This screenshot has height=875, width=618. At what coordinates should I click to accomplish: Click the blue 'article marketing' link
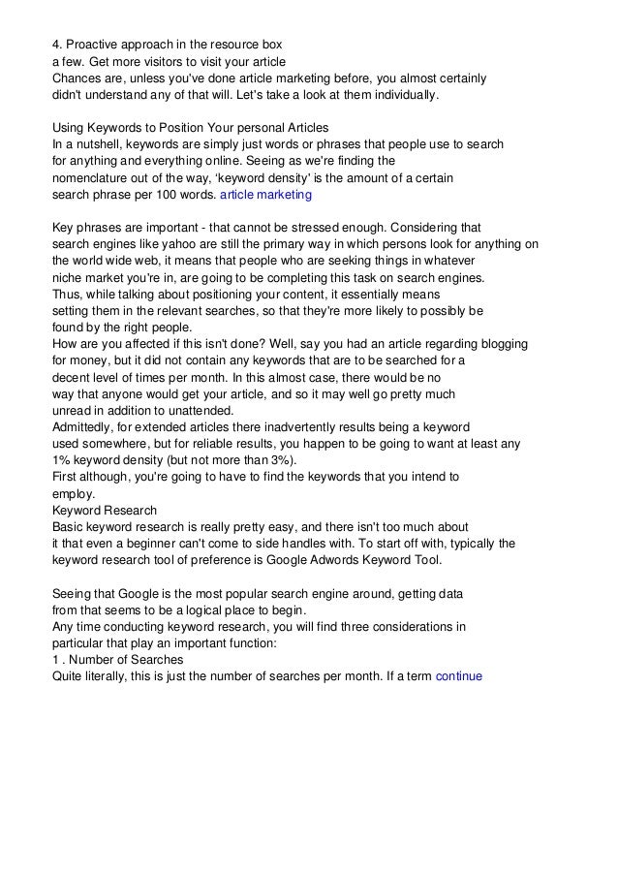[x=265, y=195]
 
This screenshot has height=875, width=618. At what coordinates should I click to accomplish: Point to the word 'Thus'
[x=67, y=294]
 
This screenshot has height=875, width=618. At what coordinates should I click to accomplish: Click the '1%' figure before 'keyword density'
[x=62, y=459]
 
